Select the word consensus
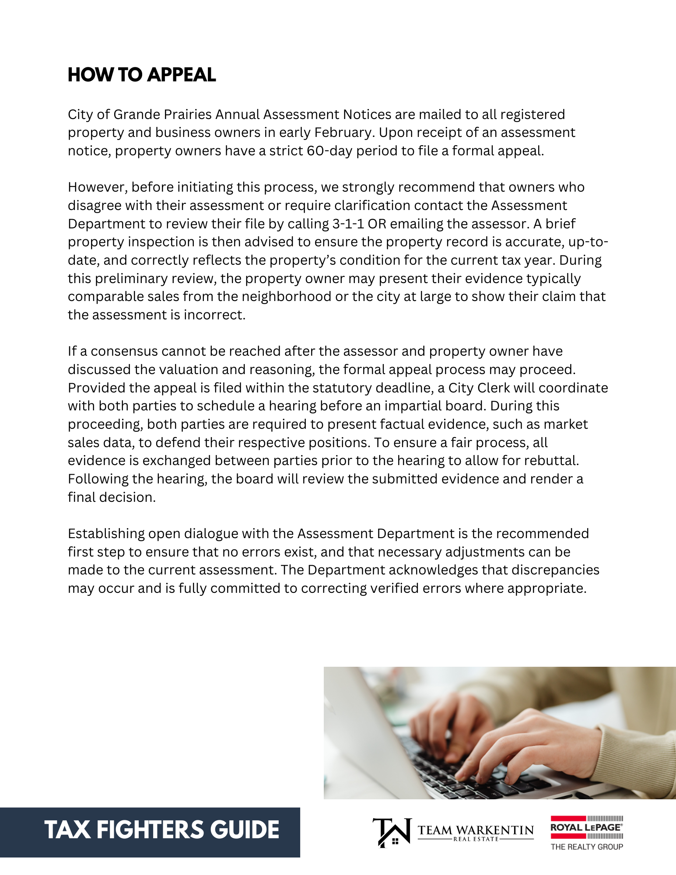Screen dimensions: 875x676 click(124, 351)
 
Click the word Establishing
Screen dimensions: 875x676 click(106, 534)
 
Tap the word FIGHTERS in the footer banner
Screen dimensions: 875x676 click(151, 830)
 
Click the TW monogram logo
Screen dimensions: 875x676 click(392, 832)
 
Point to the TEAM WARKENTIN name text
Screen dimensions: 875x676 click(475, 829)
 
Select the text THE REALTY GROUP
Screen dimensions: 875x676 click(586, 847)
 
